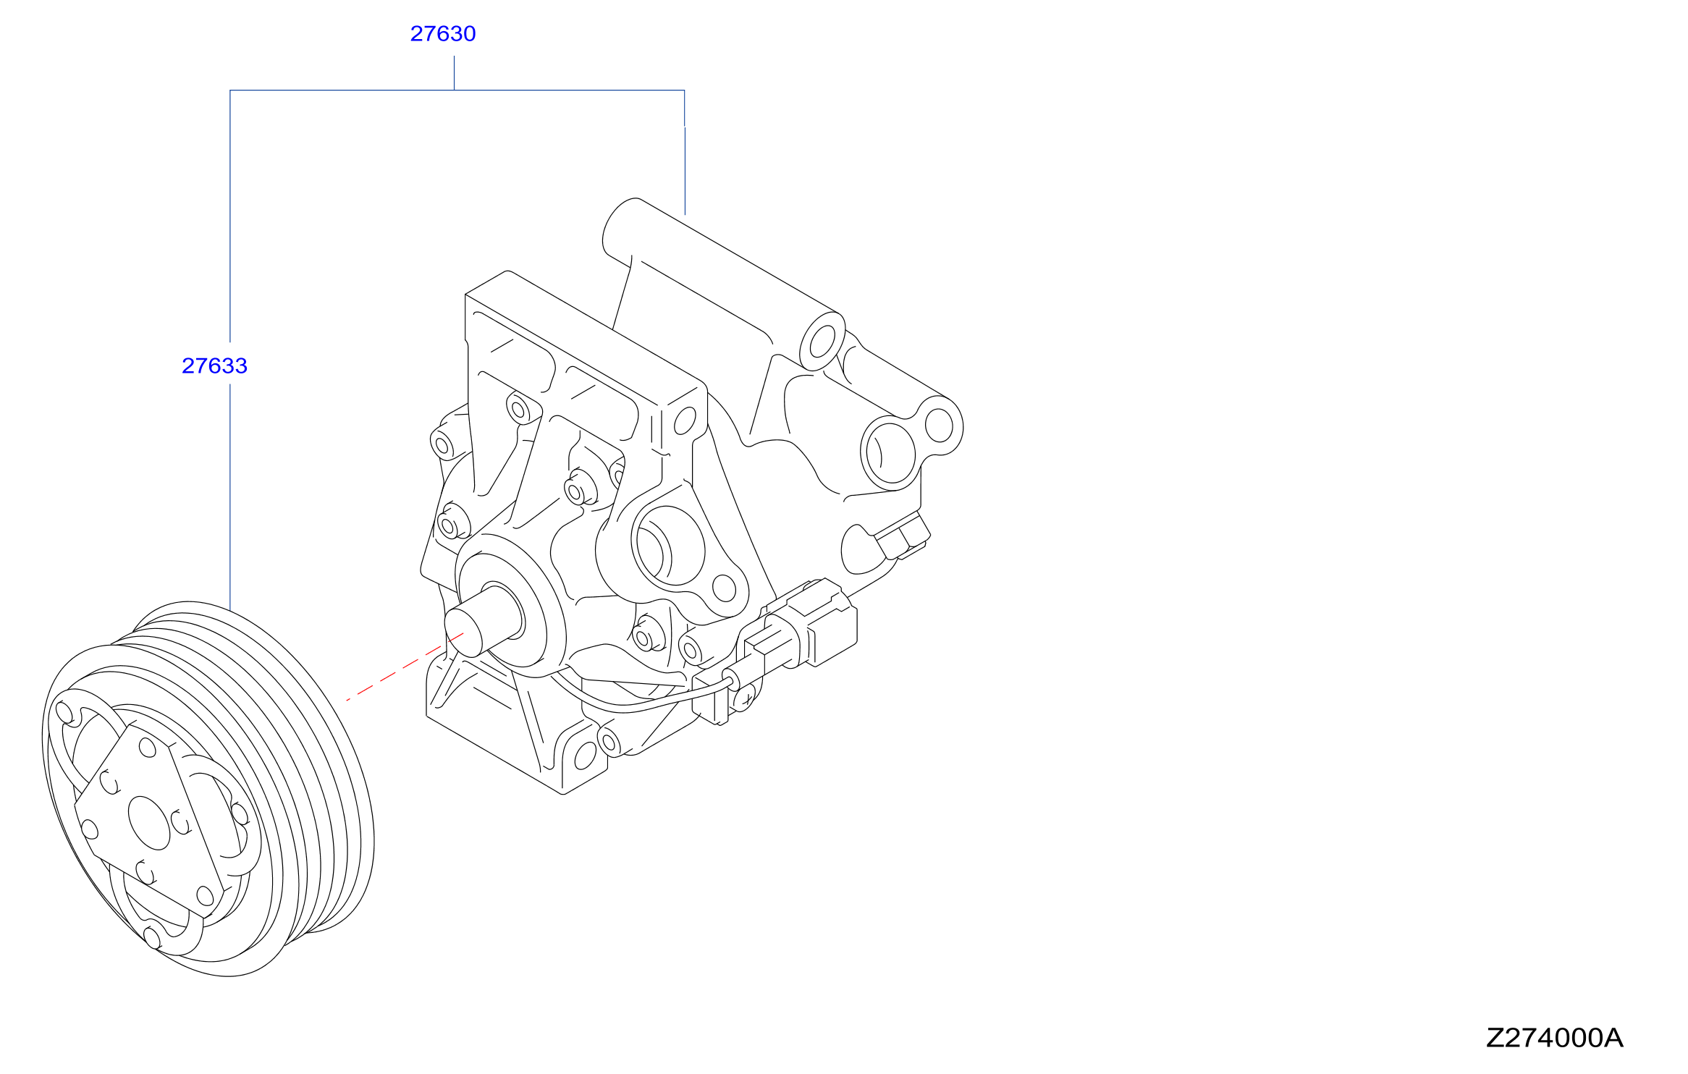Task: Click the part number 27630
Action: (x=443, y=34)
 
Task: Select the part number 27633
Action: (x=214, y=366)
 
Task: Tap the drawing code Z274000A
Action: (x=1555, y=1038)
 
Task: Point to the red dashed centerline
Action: (x=405, y=667)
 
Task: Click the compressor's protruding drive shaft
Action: (x=484, y=620)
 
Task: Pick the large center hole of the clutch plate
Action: (x=149, y=824)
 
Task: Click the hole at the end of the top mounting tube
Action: (x=822, y=342)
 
